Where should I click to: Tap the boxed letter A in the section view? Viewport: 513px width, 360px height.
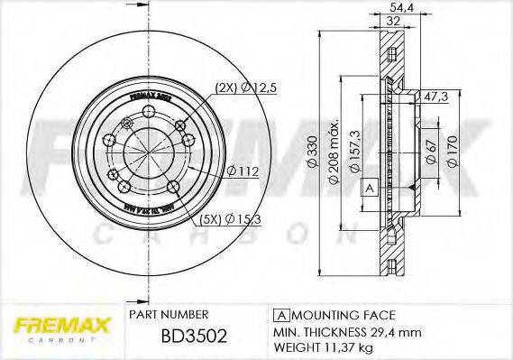point(369,188)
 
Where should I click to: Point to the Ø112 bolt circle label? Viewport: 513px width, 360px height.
point(243,169)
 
